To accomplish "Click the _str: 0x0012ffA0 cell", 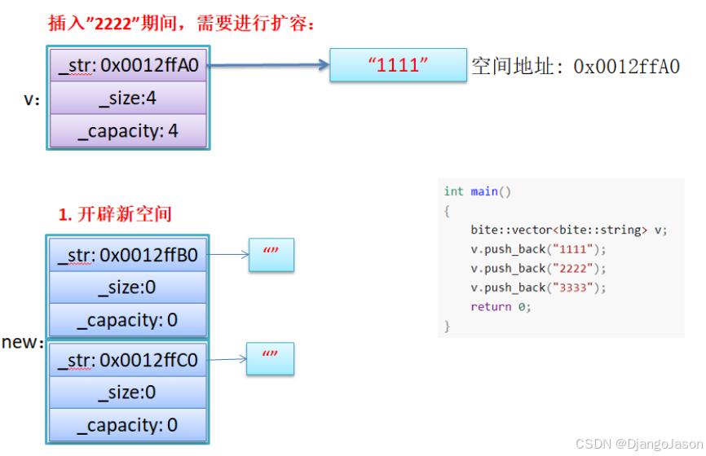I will click(128, 65).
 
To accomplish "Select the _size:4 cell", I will click(128, 98).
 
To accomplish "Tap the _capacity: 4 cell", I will click(128, 130).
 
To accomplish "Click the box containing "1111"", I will click(398, 65).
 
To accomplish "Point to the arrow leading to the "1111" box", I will click(269, 65).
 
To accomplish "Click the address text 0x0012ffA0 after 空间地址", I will click(626, 67).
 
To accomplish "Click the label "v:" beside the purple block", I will click(33, 100).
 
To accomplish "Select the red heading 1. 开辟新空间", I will click(115, 214).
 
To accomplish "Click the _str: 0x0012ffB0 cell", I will click(128, 255).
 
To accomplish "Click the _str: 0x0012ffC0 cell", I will click(128, 360).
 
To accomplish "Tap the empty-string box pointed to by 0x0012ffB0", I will click(270, 255).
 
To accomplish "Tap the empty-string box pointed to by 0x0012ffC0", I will click(270, 358).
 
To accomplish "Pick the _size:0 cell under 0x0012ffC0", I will click(128, 392).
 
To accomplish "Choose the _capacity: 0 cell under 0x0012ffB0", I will click(128, 320).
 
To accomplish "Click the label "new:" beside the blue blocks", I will click(23, 342).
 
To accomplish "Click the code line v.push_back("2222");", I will click(538, 268).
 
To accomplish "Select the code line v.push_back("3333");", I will click(538, 287).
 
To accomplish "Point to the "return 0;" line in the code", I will click(501, 307).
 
